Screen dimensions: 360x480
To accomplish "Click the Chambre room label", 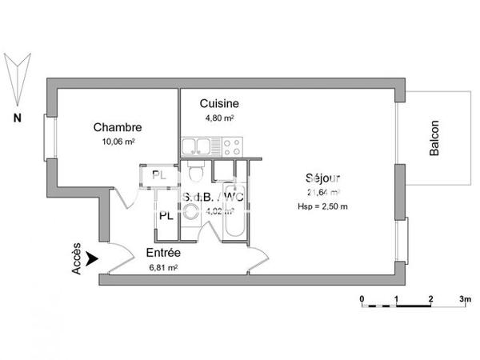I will point(118,127).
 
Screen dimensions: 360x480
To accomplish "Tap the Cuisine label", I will point(219,104).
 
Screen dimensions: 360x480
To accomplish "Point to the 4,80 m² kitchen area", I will point(217,118).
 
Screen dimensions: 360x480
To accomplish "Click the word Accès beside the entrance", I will point(77,259).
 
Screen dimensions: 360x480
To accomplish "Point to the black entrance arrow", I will point(93,258).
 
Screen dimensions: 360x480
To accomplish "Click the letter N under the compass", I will point(16,118).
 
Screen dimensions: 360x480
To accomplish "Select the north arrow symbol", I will point(17,75).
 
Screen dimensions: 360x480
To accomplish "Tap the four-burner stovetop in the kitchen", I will point(232,146).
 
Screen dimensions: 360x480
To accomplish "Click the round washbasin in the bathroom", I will point(191,212).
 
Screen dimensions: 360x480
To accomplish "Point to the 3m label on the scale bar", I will point(465,298).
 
